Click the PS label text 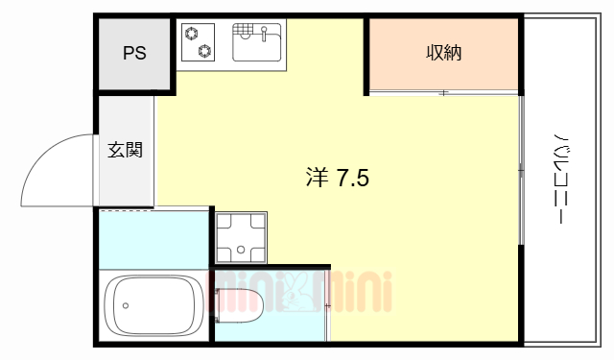[134, 54]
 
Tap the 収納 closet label [443, 54]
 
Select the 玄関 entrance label [125, 150]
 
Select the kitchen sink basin [258, 43]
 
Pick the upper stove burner [203, 33]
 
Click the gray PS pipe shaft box [134, 54]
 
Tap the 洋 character [318, 178]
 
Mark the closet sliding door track [443, 93]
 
